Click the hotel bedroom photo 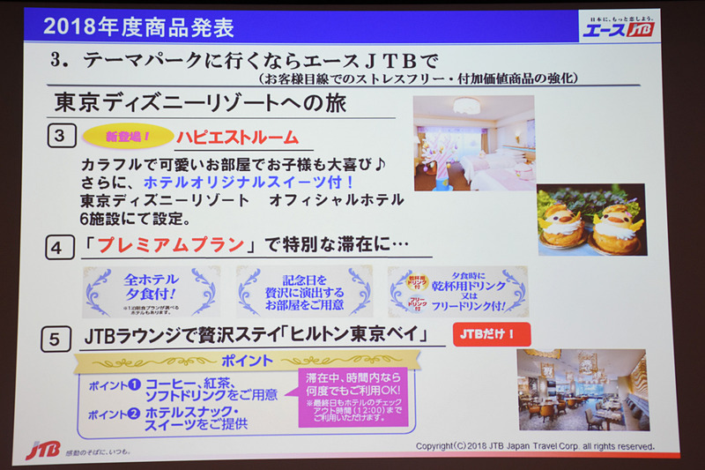tap(473, 143)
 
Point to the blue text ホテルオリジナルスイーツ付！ tap(249, 182)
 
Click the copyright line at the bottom tap(535, 446)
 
